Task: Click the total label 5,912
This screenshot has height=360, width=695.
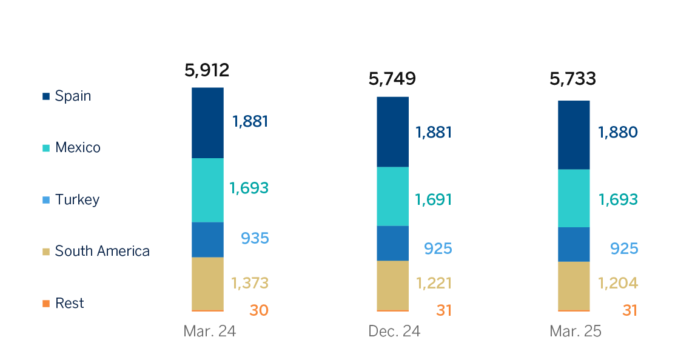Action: [x=207, y=70]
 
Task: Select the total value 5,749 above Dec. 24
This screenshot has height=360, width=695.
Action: [x=392, y=79]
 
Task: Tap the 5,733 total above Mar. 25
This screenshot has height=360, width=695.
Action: [x=572, y=79]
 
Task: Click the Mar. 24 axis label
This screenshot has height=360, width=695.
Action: [x=209, y=332]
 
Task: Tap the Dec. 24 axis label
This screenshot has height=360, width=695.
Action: [x=394, y=332]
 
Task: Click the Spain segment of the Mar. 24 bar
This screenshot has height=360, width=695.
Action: [x=207, y=123]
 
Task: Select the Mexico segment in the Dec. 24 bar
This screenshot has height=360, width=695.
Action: [x=392, y=196]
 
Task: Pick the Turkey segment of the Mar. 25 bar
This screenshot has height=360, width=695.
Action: [x=573, y=244]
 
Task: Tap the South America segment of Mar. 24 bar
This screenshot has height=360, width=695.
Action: [x=207, y=284]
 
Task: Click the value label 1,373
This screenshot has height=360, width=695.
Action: [x=249, y=283]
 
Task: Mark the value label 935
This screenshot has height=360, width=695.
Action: [x=254, y=238]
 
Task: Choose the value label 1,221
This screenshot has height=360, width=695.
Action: [x=434, y=283]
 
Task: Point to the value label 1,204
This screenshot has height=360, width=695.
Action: [x=618, y=283]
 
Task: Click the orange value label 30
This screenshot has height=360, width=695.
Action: [x=258, y=310]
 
